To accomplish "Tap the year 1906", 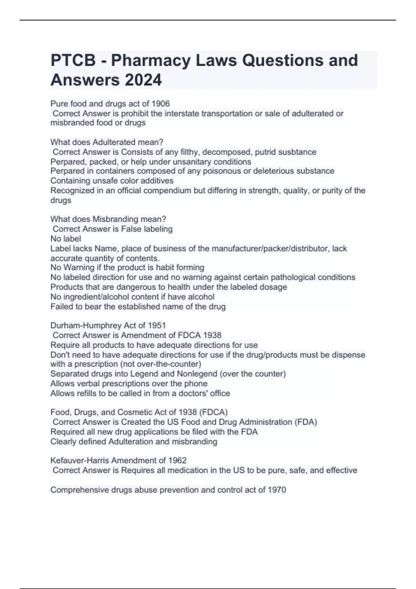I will click(161, 104).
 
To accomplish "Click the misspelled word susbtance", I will click(298, 152).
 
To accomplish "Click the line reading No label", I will click(66, 239).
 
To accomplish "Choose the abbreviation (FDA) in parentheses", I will click(306, 422).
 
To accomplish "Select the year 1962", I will click(177, 460).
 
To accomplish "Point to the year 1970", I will click(277, 490).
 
